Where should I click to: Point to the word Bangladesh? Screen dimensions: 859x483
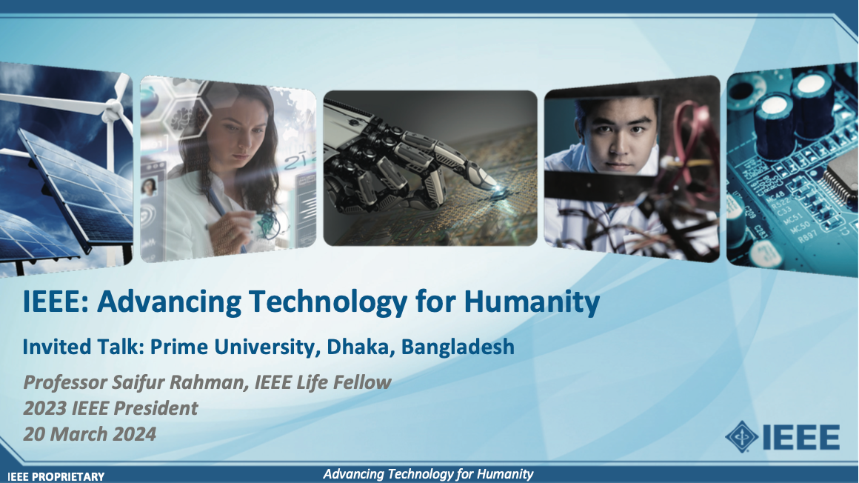pyautogui.click(x=458, y=347)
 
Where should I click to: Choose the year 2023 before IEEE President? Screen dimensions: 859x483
pyautogui.click(x=45, y=408)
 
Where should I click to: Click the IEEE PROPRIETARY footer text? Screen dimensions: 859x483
pyautogui.click(x=56, y=476)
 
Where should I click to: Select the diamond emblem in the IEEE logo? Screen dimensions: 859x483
pyautogui.click(x=741, y=436)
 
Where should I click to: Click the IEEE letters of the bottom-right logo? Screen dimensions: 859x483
pyautogui.click(x=800, y=437)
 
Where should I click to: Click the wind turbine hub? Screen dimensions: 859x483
pyautogui.click(x=113, y=113)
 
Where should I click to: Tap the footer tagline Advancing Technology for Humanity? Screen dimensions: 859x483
pyautogui.click(x=428, y=474)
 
